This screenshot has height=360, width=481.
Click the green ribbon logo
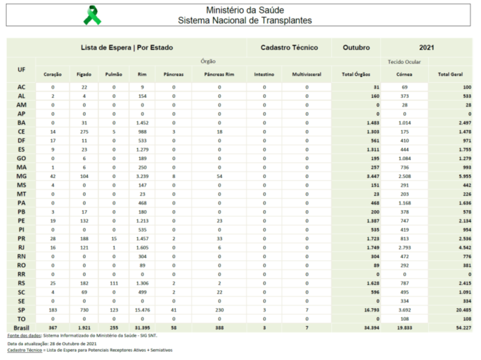pos(92,16)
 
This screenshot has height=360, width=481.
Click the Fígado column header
pos(84,74)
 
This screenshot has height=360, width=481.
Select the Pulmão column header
pos(114,74)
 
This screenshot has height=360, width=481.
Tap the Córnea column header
pos(404,74)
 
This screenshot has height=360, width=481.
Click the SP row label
pos(21,310)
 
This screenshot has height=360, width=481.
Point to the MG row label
pos(21,177)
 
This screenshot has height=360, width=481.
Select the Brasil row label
pos(21,328)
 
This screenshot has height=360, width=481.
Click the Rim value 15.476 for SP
pos(142,310)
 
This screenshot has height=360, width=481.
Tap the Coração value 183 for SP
pos(53,310)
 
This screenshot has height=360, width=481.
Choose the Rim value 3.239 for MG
pos(142,177)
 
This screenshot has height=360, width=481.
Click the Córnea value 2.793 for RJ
pos(404,247)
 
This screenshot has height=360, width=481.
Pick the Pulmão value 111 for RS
pos(114,283)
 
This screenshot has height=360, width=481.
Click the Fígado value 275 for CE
pos(84,132)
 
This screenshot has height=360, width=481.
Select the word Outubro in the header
pos(356,48)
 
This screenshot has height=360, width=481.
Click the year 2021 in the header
pos(427,48)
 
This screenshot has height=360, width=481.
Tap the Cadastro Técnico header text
pos(289,48)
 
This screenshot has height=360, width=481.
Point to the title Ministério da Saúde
pos(245,10)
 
